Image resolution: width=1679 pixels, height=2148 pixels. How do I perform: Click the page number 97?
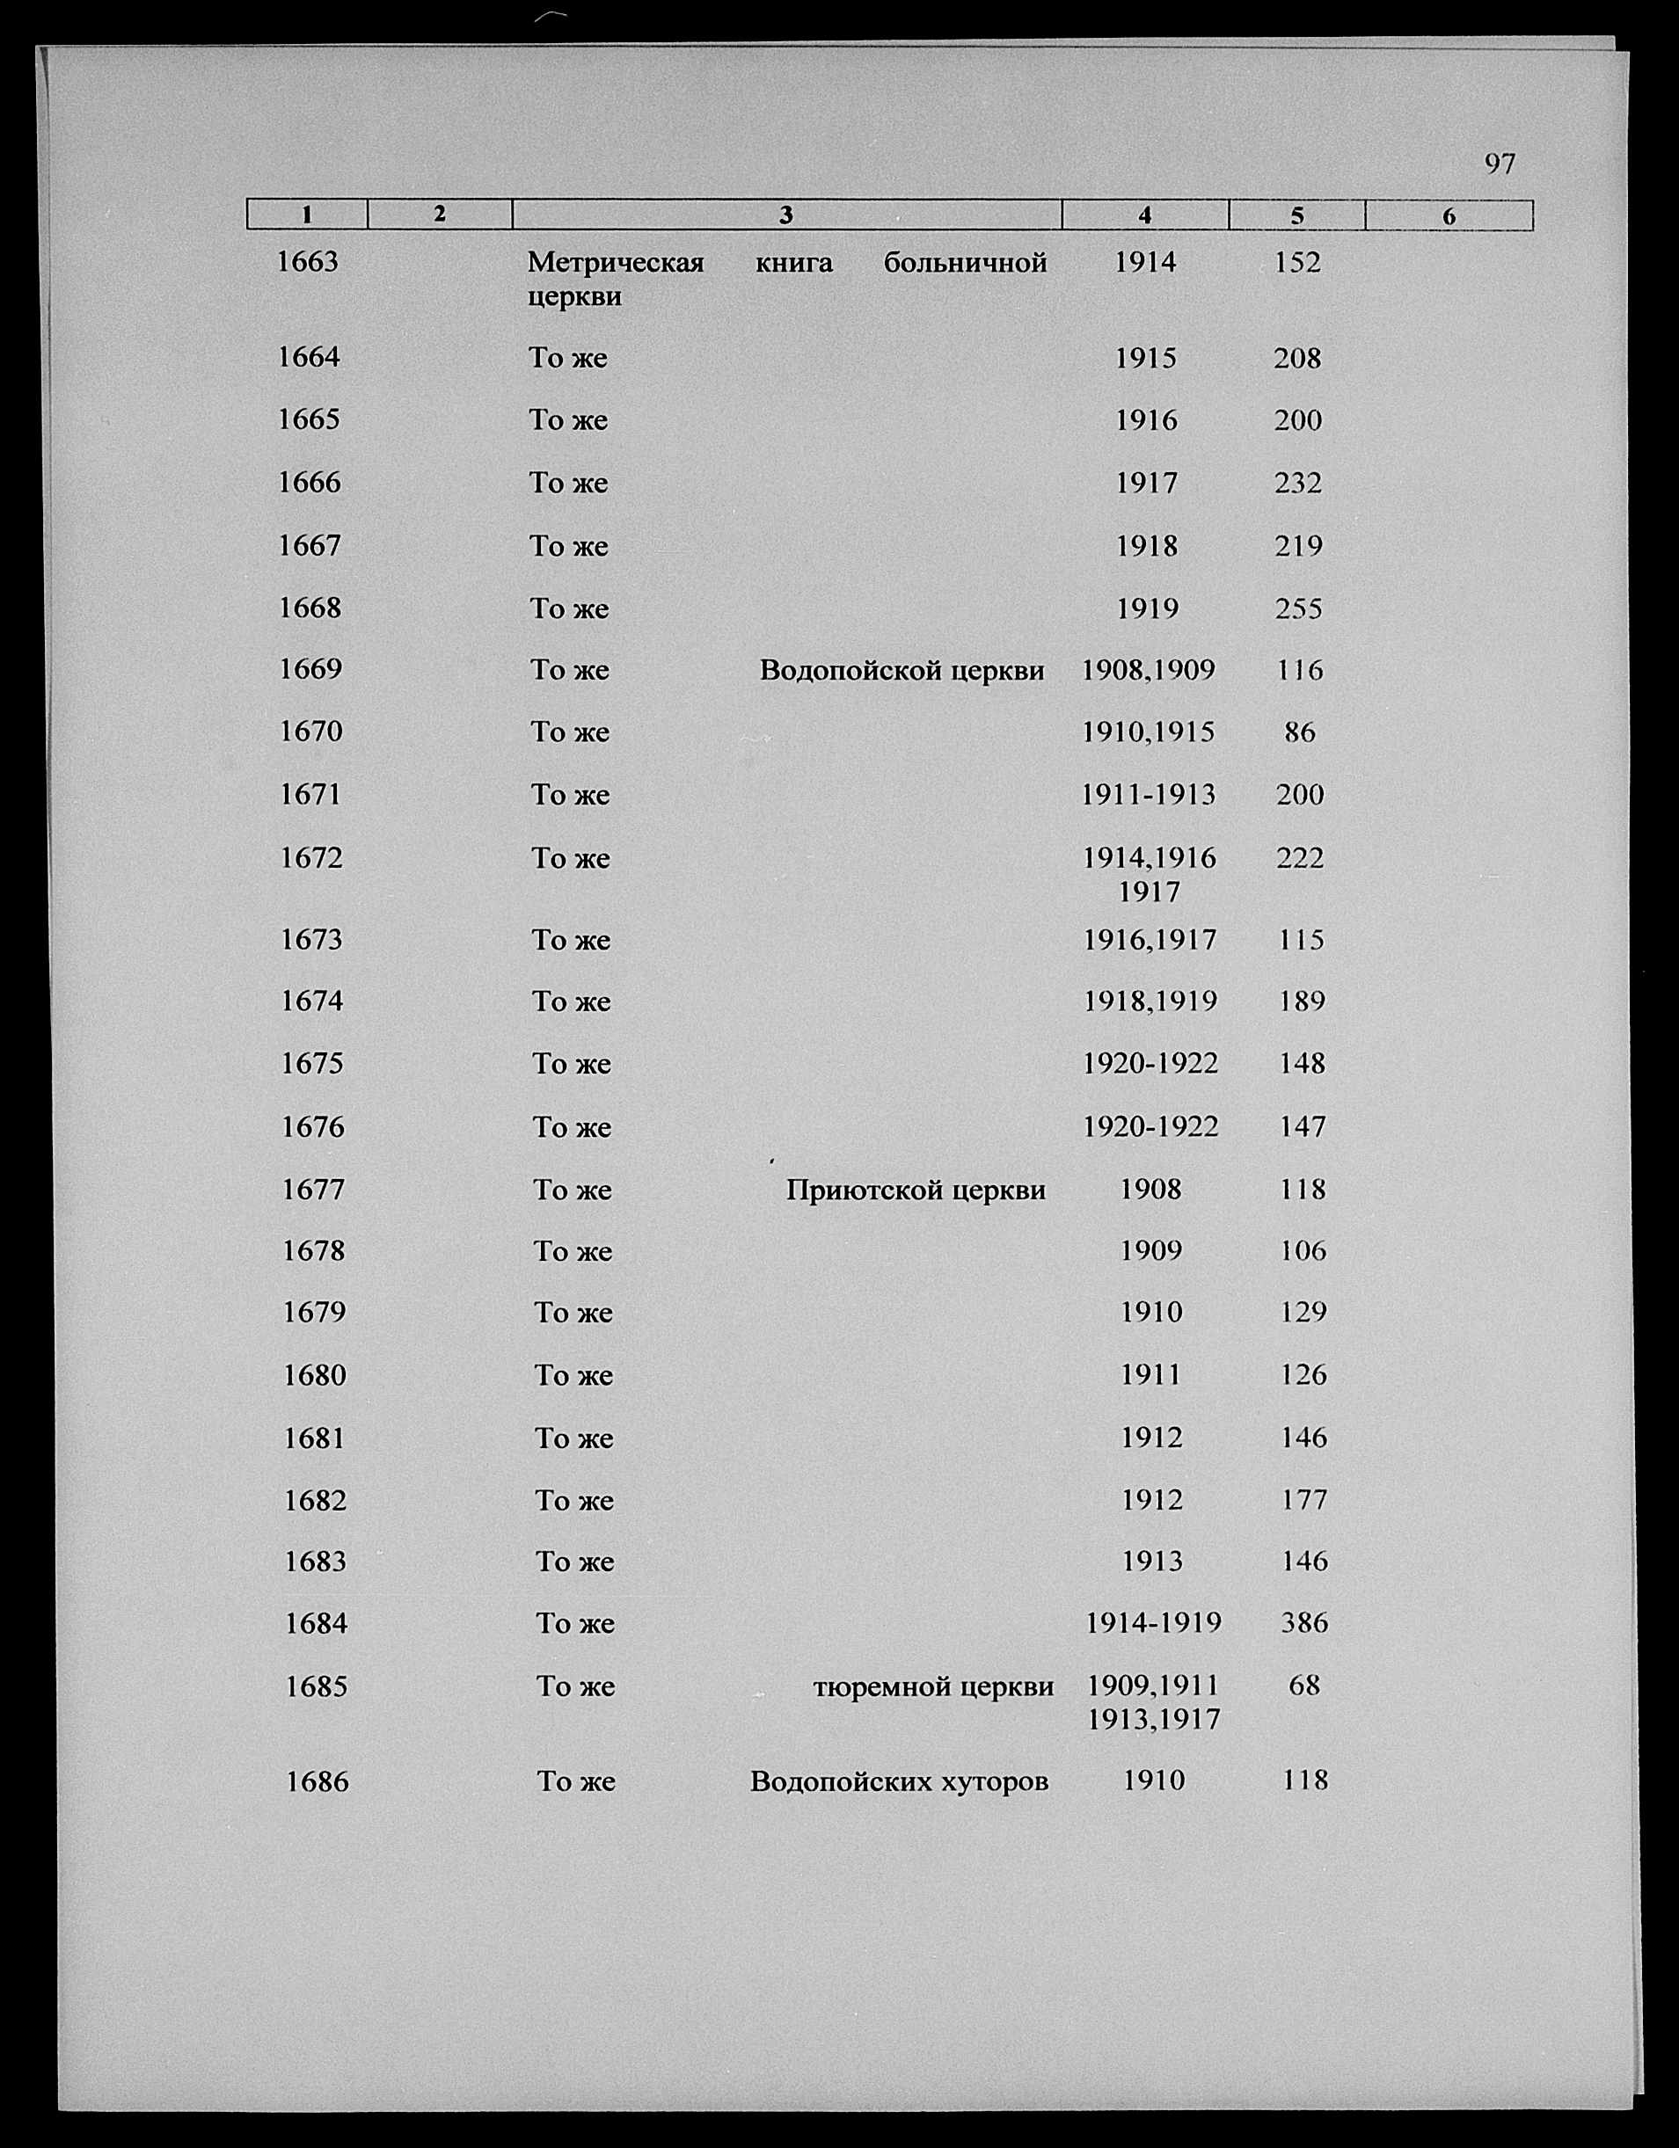point(1499,164)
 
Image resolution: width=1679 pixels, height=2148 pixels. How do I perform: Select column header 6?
point(1448,215)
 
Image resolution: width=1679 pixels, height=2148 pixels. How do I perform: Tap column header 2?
point(440,214)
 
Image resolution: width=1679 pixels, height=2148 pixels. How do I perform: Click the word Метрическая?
point(616,263)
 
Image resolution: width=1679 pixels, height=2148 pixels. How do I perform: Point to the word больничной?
point(965,263)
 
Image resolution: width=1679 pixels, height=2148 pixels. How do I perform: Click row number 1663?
point(307,262)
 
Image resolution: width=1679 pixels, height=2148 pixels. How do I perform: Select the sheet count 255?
point(1298,608)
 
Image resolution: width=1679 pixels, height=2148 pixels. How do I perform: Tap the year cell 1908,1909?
point(1148,671)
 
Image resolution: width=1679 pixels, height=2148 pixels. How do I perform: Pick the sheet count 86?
point(1299,732)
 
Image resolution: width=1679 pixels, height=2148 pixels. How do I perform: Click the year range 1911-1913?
point(1148,795)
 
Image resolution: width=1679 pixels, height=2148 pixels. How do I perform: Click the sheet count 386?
point(1304,1624)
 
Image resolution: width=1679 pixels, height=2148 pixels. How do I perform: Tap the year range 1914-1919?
point(1153,1624)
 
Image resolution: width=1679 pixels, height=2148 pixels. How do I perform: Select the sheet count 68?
point(1303,1686)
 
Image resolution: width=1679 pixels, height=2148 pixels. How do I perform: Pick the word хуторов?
point(995,1782)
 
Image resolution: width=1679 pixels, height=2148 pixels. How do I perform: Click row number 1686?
point(317,1782)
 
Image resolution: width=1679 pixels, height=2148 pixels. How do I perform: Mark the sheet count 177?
point(1304,1501)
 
